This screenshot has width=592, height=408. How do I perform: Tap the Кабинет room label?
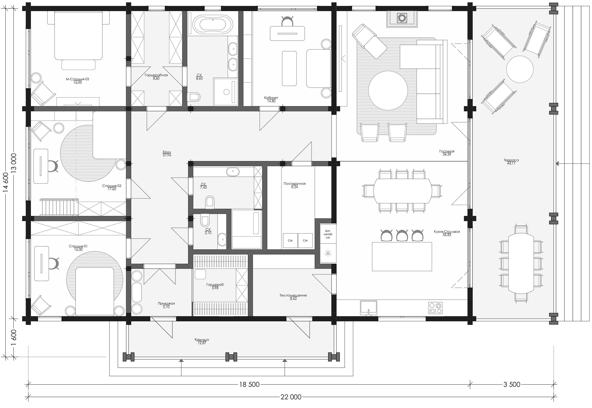click(271, 98)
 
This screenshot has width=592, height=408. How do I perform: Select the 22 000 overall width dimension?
click(291, 397)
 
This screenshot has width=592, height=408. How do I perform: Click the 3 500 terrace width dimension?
click(512, 385)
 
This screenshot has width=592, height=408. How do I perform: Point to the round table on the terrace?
click(520, 69)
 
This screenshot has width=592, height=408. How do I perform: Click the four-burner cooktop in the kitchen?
click(436, 308)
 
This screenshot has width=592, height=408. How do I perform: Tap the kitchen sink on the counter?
click(369, 308)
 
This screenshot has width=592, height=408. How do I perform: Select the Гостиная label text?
click(447, 151)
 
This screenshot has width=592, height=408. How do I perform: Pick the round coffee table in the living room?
click(388, 91)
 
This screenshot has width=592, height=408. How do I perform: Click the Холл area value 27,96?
click(167, 155)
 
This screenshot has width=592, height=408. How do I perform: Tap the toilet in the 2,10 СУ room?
click(205, 220)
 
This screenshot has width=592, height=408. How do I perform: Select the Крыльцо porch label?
click(202, 340)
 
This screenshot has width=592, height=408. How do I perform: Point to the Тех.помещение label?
click(293, 295)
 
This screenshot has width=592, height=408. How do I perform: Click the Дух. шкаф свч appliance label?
click(328, 234)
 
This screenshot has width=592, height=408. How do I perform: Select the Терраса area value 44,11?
click(511, 163)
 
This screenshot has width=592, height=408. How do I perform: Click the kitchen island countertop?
click(402, 257)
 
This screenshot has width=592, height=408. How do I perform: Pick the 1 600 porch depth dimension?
click(14, 337)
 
